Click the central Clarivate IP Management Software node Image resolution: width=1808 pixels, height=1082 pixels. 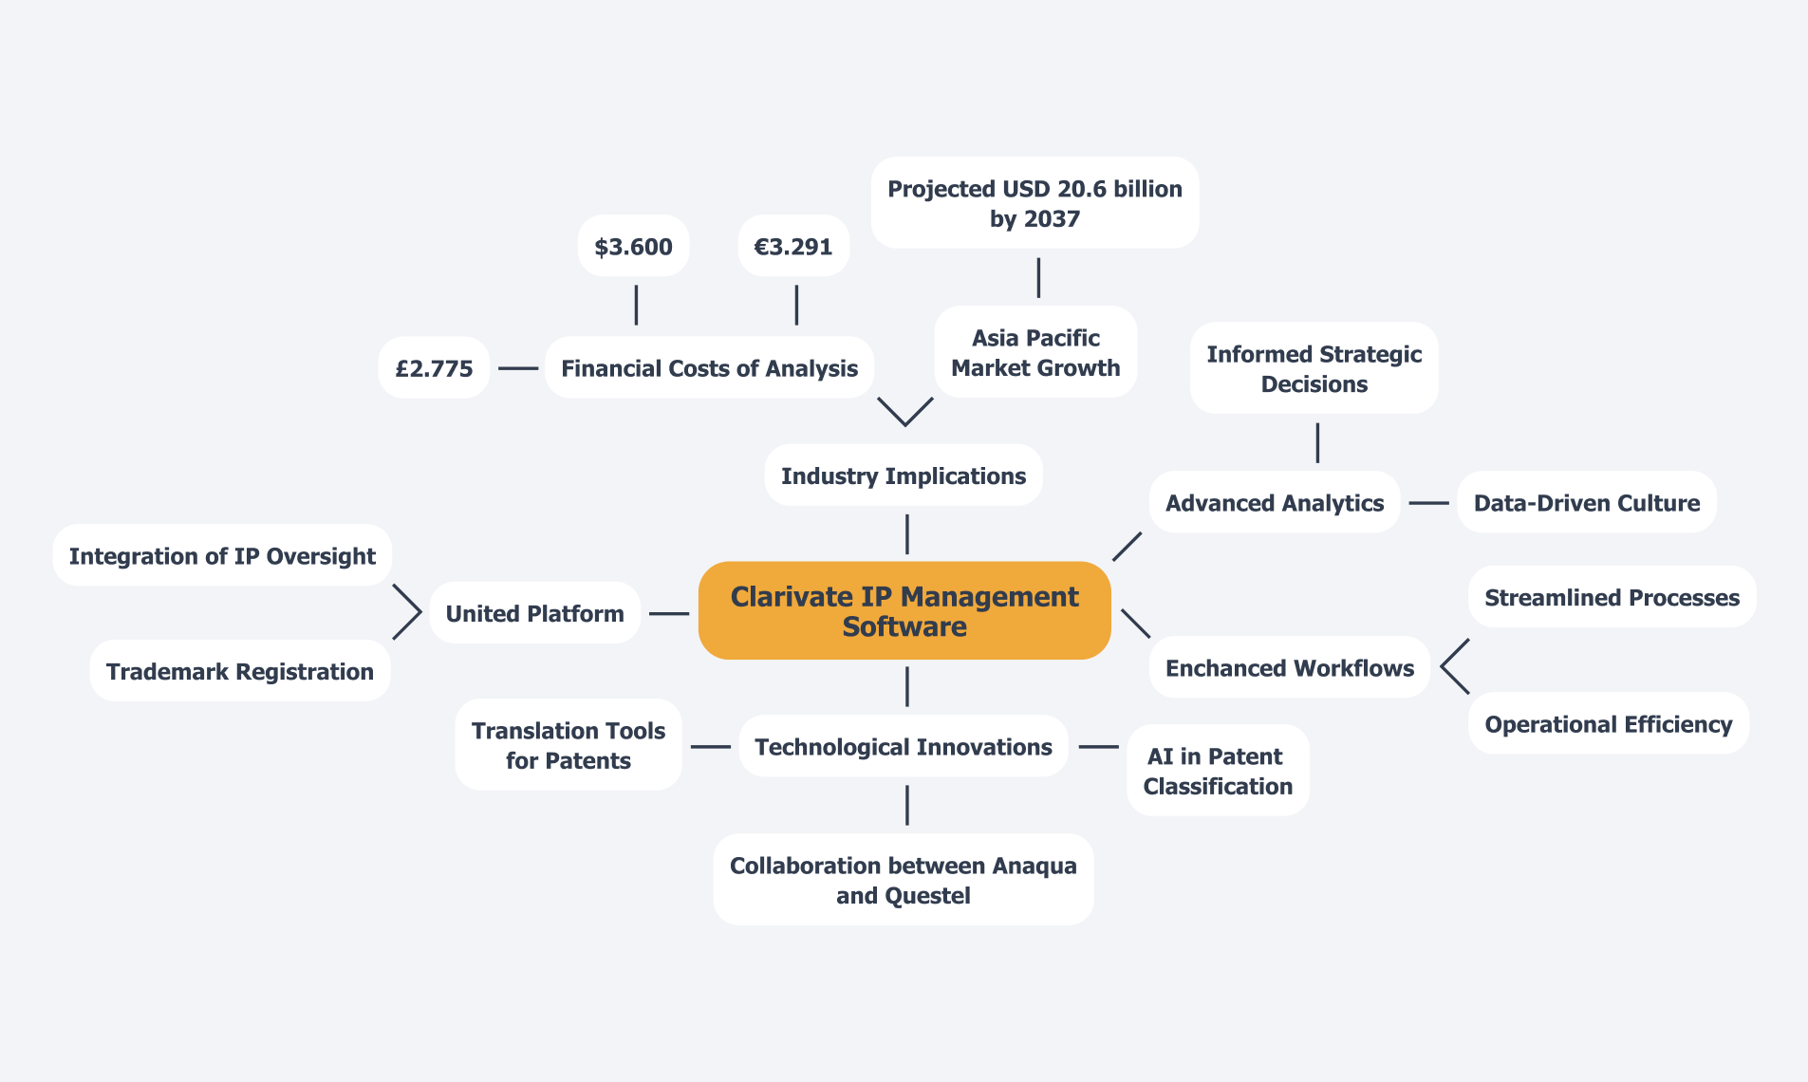tap(904, 610)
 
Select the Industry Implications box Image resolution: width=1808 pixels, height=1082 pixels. tap(904, 476)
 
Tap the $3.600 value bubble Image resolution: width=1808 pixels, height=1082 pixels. tap(633, 247)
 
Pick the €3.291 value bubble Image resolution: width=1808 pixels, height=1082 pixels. tap(793, 247)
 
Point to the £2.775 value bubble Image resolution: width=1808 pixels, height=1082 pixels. tap(434, 368)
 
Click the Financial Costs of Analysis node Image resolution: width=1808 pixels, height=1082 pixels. tap(709, 368)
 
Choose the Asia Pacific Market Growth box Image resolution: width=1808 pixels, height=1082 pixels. tap(1035, 352)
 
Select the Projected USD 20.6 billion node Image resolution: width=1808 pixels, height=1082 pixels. tap(1034, 203)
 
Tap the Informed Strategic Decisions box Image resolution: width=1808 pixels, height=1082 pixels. tap(1314, 368)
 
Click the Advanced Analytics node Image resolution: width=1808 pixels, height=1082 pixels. tap(1275, 502)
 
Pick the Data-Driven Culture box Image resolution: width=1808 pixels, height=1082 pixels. tap(1587, 502)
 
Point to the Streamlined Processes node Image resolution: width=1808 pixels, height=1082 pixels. tap(1612, 597)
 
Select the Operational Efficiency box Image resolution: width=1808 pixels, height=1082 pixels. tap(1609, 724)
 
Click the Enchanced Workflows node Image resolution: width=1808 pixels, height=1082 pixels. tap(1290, 667)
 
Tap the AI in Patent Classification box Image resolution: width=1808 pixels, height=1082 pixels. tap(1218, 771)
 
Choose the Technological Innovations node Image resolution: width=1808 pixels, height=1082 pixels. tap(904, 746)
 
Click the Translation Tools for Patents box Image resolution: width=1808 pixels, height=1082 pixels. tap(568, 745)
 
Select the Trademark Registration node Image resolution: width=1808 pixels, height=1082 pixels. tap(240, 671)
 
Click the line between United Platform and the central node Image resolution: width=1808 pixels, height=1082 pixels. tap(669, 614)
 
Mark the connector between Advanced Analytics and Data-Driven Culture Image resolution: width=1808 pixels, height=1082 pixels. tap(1429, 503)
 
